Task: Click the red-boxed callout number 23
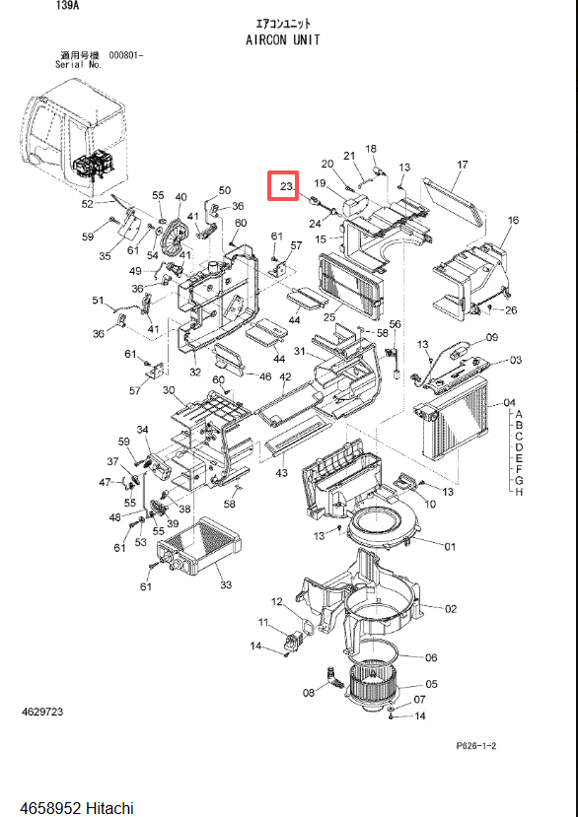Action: tap(287, 186)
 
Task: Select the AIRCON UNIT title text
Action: tap(283, 39)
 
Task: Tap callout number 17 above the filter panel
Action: tap(463, 165)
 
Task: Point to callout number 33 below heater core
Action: tap(225, 584)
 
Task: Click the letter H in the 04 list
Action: tap(519, 492)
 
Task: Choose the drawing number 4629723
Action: tap(42, 712)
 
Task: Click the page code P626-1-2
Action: tap(476, 746)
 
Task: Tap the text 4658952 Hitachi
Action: tap(77, 808)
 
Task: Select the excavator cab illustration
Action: tap(76, 138)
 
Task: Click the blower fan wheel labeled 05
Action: tap(374, 684)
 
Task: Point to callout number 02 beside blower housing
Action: tap(451, 609)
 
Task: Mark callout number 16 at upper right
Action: tap(513, 220)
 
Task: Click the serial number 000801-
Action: tap(125, 55)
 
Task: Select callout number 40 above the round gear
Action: tap(181, 197)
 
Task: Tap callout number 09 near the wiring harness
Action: tap(492, 337)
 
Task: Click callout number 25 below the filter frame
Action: tap(329, 316)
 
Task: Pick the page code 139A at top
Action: tap(67, 6)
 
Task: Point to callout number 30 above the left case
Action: tap(169, 390)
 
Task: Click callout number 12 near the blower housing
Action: tap(276, 602)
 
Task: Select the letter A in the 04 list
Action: tap(519, 415)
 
